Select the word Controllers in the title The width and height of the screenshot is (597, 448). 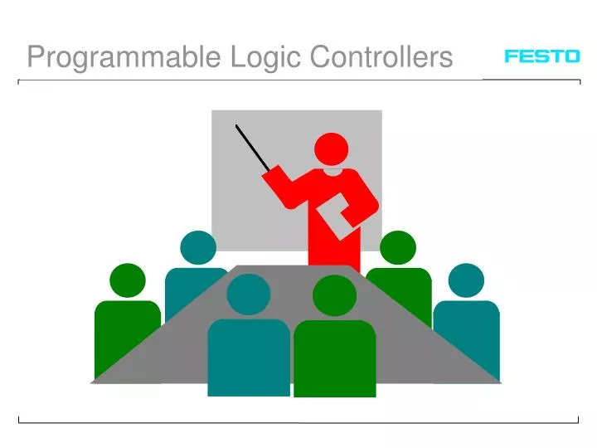381,57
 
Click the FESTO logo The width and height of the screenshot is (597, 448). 541,56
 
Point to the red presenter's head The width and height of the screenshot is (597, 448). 331,149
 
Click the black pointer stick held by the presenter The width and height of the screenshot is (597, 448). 252,148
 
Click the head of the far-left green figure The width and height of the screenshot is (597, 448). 127,280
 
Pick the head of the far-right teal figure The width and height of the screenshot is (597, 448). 465,280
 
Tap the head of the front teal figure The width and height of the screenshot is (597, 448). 248,295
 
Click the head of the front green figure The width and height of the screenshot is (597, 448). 335,295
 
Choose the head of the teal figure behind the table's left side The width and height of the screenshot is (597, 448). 197,248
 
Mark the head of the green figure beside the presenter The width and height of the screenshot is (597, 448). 398,248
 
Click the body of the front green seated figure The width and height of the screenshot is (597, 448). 335,357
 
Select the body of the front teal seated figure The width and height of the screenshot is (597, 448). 248,357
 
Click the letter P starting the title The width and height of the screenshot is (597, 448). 35,57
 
